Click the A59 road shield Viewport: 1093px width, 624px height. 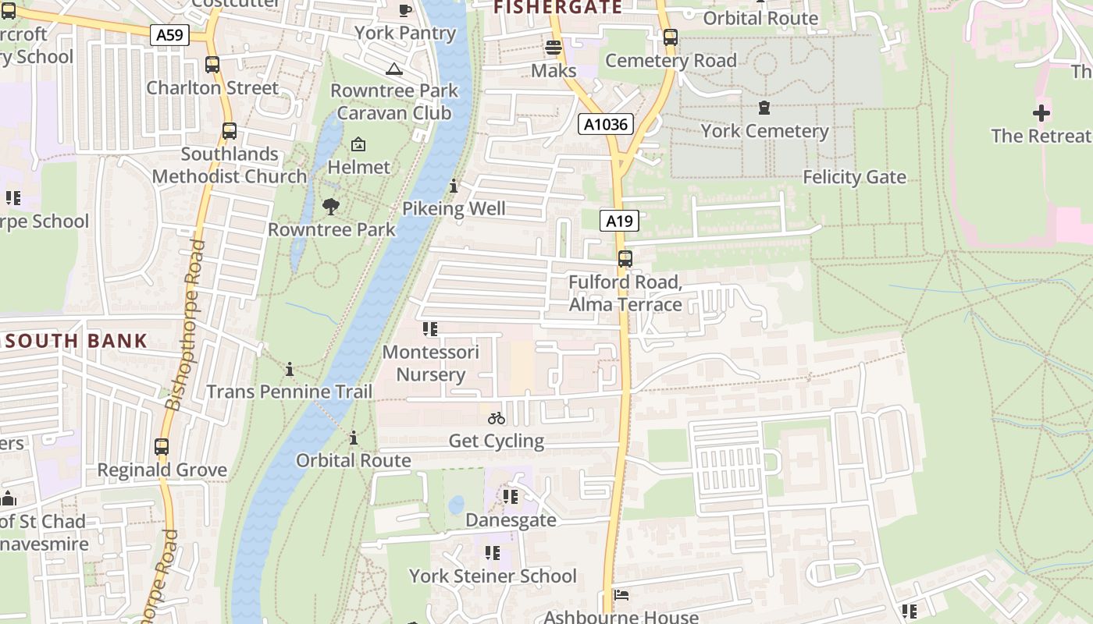[x=169, y=34]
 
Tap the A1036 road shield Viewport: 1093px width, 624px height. [x=606, y=123]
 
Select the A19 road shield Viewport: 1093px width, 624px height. [x=619, y=221]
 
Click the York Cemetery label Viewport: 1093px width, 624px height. [x=764, y=130]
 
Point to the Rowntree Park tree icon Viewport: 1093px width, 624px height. [x=331, y=207]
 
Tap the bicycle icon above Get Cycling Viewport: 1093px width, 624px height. [x=497, y=418]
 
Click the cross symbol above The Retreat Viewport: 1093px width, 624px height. [x=1041, y=113]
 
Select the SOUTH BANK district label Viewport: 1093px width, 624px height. [x=77, y=341]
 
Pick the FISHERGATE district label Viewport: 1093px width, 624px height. [x=558, y=8]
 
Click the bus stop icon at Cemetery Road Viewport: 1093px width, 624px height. [x=670, y=37]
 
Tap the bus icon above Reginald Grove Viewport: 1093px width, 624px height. [x=162, y=448]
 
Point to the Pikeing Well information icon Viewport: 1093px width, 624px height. [x=454, y=186]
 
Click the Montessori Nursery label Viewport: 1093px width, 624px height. [x=430, y=363]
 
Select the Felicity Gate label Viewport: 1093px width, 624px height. [x=854, y=177]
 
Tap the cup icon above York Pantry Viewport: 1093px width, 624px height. [x=404, y=11]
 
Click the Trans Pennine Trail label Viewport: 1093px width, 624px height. [x=290, y=391]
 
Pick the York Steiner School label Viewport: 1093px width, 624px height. [x=493, y=576]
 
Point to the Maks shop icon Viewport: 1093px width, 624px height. [x=554, y=48]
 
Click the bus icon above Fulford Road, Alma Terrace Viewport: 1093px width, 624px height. [x=625, y=259]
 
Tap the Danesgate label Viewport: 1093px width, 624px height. [x=511, y=519]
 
